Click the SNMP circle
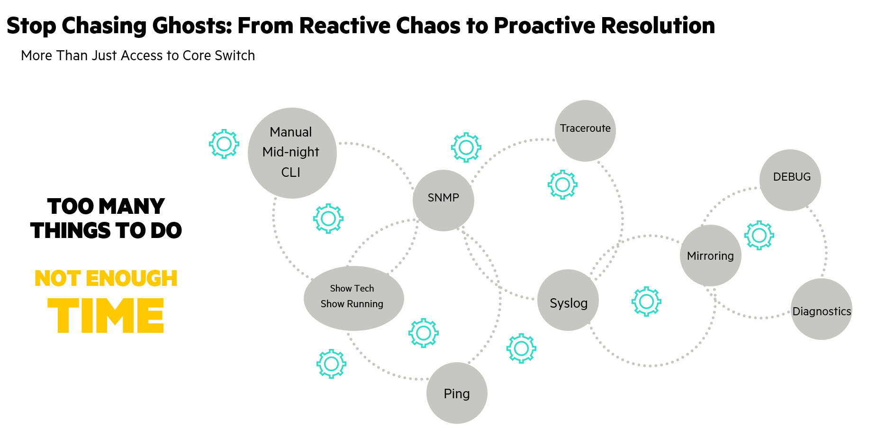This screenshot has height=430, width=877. click(x=443, y=200)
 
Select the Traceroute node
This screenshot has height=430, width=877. click(x=585, y=130)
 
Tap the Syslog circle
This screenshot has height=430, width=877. click(x=568, y=300)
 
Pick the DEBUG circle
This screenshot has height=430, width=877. click(x=790, y=180)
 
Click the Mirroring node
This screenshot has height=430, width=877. click(x=710, y=256)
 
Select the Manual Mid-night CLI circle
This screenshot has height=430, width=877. click(x=292, y=153)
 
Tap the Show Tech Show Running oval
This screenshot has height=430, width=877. click(x=353, y=298)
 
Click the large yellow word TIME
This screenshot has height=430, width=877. click(x=106, y=316)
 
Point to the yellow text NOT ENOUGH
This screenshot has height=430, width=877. click(x=106, y=278)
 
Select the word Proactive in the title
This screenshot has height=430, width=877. click(x=544, y=26)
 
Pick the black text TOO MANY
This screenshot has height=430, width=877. click(x=106, y=206)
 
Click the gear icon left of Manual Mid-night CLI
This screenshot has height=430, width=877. click(x=224, y=144)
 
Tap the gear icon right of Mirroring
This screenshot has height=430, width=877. click(x=759, y=235)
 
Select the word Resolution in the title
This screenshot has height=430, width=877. click(x=658, y=26)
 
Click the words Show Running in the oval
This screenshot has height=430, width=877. click(x=352, y=304)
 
